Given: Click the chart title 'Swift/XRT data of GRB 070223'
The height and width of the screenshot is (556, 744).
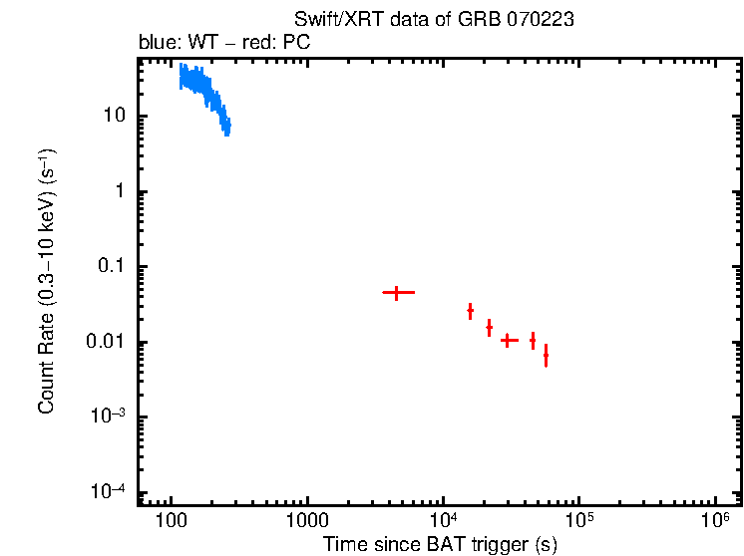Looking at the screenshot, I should coord(434,21).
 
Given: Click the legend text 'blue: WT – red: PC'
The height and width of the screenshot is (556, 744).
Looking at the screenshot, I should coord(238,44).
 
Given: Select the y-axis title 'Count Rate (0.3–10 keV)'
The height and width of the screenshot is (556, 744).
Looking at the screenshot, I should coord(46,281).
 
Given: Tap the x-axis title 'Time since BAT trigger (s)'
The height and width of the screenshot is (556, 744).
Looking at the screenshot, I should coord(439,544).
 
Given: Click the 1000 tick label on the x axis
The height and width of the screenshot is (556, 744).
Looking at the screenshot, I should coord(307,521).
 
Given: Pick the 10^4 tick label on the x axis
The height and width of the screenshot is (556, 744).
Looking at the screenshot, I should coord(443,520).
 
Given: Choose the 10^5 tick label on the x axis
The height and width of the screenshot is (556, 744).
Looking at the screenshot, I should coord(578,520).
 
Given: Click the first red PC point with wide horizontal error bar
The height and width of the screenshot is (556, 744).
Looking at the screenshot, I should coord(397,292).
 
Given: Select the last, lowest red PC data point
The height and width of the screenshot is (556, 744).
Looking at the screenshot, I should coord(546,356).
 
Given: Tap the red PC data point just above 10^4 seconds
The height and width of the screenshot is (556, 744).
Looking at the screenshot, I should coord(470,311).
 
